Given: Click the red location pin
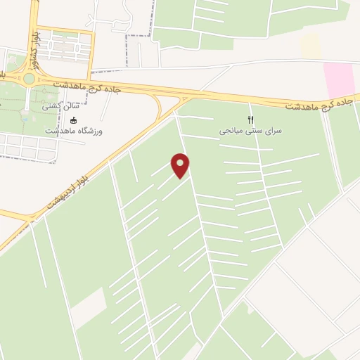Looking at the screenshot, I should tap(181, 165).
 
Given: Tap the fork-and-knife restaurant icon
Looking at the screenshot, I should tap(250, 120).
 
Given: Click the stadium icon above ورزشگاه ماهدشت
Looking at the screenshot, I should tap(73, 120).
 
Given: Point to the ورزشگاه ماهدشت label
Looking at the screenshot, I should tap(73, 131).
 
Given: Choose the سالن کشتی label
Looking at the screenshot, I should tap(61, 107).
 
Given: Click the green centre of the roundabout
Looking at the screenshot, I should tap(28, 79).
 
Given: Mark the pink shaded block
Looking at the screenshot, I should tap(338, 79).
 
